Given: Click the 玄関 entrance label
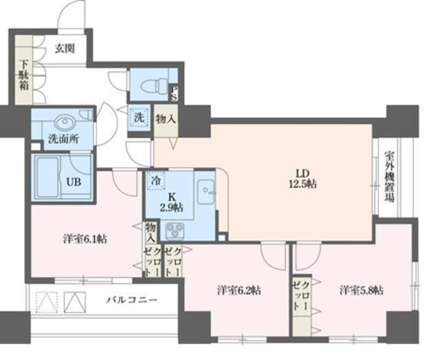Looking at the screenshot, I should (66, 49).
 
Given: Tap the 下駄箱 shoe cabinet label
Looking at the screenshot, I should (23, 77).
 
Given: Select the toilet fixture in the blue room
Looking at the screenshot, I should (151, 87).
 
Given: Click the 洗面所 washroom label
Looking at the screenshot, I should (63, 138).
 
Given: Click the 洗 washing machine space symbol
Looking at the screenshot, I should (139, 117).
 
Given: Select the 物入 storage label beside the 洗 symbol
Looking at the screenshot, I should (165, 119).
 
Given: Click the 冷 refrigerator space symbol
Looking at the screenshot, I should (158, 178).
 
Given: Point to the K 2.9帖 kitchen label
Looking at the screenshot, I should (172, 200).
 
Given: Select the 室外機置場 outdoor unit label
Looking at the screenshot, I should (389, 176).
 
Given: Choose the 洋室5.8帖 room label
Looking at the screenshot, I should (360, 290).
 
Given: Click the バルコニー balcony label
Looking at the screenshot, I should (132, 300).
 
